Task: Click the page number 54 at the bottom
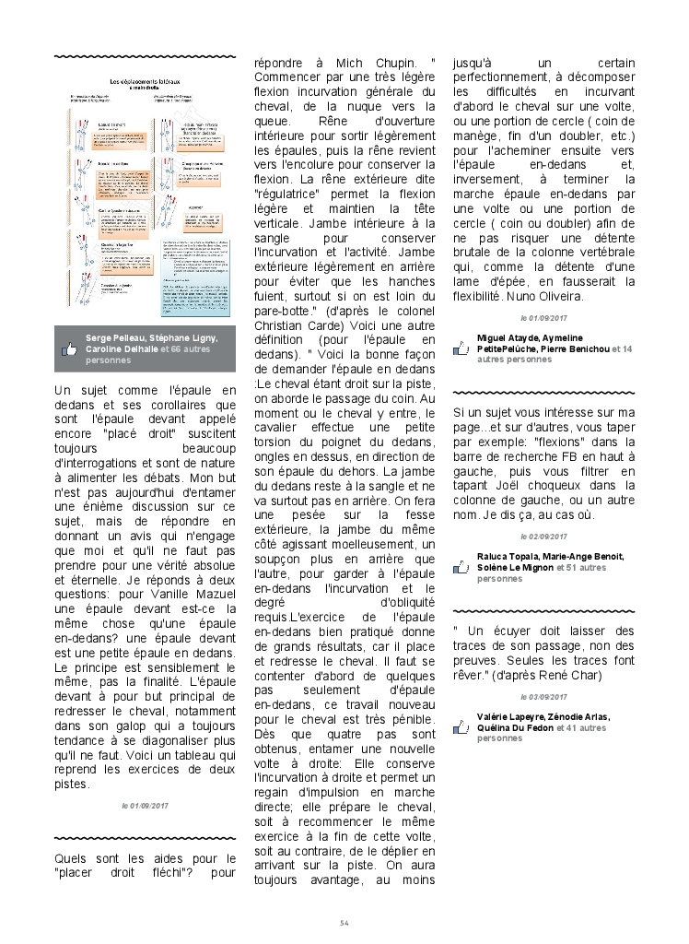click(344, 922)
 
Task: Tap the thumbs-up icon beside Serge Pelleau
click(68, 349)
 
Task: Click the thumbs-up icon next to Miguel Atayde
click(463, 349)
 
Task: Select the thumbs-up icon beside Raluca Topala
click(463, 567)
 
